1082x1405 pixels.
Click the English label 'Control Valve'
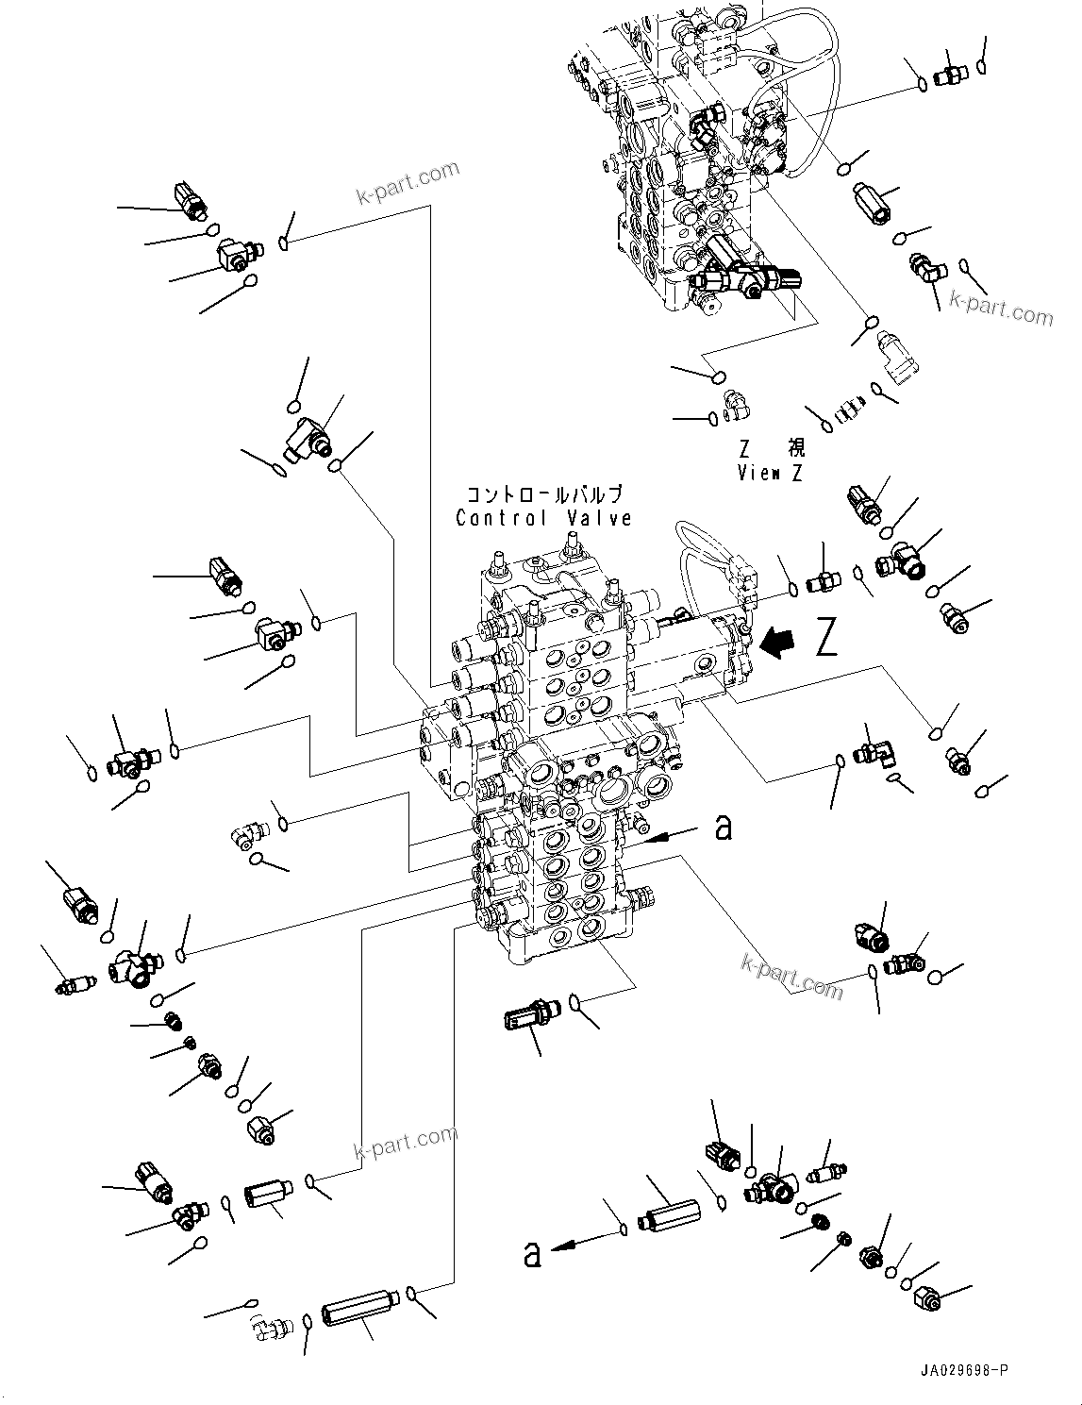point(543,518)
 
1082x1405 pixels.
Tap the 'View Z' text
point(770,474)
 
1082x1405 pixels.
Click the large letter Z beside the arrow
point(825,639)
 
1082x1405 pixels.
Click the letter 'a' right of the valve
point(724,828)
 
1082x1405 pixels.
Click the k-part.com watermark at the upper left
point(407,182)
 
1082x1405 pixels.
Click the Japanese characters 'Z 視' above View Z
point(770,450)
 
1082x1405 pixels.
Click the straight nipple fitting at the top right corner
point(946,77)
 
